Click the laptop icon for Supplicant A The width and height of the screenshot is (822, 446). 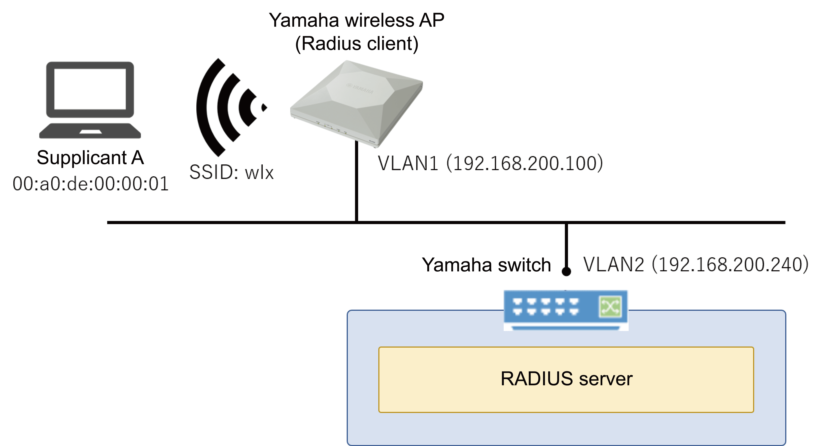[90, 100]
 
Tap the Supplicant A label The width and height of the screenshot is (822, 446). [90, 158]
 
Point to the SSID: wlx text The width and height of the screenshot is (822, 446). [231, 172]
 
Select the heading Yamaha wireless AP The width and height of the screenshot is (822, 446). [356, 20]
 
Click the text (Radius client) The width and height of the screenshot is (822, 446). [356, 44]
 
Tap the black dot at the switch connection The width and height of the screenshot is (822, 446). [566, 271]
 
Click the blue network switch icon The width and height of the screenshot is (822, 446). [566, 310]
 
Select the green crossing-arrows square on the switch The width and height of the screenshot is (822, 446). [610, 307]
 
